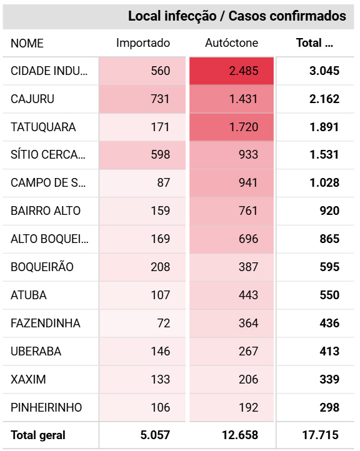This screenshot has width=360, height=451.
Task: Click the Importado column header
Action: tap(143, 44)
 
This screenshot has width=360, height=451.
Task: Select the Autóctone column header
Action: tap(232, 43)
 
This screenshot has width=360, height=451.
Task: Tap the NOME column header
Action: tap(27, 44)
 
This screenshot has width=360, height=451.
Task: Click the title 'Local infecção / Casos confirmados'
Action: tap(237, 16)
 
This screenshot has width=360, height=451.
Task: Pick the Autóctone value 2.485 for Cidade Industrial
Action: tap(244, 71)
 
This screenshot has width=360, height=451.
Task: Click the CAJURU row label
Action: tap(32, 99)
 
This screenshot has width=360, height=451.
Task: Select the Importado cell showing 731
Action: tap(161, 99)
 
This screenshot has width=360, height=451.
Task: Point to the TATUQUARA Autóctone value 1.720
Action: tap(244, 127)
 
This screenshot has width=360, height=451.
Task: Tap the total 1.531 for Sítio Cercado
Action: tap(324, 155)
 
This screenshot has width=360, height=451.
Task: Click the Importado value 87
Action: tap(164, 183)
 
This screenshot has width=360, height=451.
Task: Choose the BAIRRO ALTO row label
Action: tap(46, 211)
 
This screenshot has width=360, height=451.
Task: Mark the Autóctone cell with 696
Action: tap(248, 239)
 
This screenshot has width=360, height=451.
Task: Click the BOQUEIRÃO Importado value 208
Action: tap(161, 267)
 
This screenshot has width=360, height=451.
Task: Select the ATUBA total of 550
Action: tap(329, 295)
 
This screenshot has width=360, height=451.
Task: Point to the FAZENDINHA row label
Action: tap(46, 324)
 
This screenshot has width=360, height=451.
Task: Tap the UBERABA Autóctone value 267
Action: tap(248, 352)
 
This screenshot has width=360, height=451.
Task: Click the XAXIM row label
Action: tap(28, 380)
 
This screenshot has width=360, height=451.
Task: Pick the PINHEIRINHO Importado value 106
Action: tap(161, 408)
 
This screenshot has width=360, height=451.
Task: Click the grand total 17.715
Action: tap(320, 435)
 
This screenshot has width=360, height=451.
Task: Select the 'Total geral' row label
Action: tap(38, 435)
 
